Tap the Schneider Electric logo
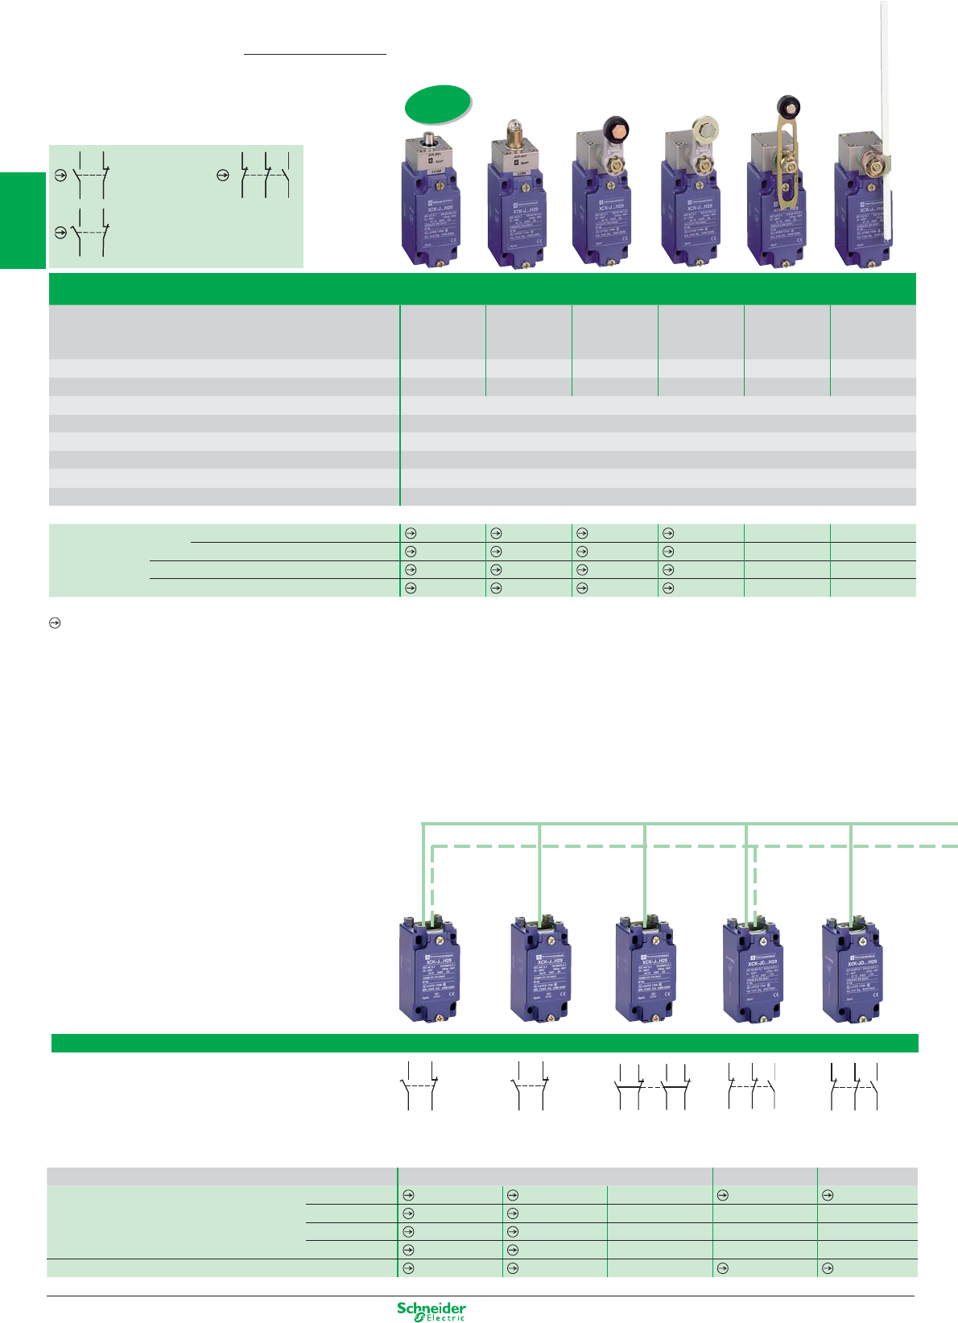[432, 1310]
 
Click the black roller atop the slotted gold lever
[786, 106]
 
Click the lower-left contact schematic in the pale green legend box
[91, 232]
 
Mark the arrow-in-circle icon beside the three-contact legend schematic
[223, 175]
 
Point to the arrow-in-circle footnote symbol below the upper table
[56, 623]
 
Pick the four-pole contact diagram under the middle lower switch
[652, 1087]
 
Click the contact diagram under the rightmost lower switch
[853, 1087]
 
